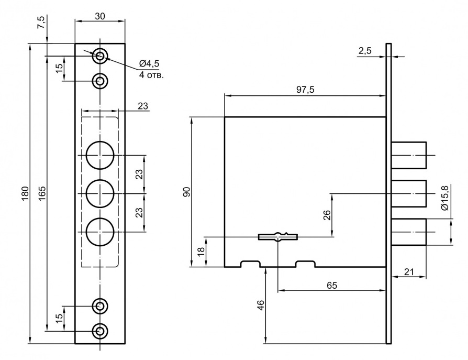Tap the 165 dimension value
point(42,193)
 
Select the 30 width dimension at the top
point(100,16)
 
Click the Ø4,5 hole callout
point(149,63)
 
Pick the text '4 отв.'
point(151,74)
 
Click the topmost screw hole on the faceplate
point(100,54)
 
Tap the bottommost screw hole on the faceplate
point(100,331)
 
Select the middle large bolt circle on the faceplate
point(100,194)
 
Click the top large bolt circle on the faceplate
point(100,156)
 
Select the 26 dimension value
point(327,215)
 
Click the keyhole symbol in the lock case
point(277,237)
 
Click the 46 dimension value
point(260,306)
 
